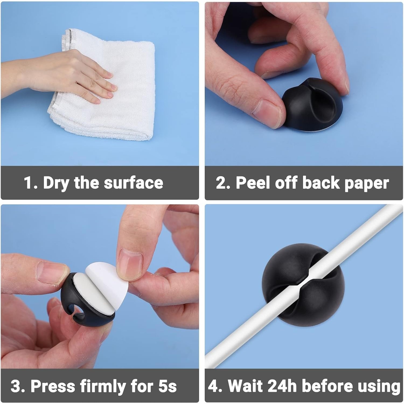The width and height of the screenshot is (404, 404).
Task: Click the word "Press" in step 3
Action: pyautogui.click(x=53, y=386)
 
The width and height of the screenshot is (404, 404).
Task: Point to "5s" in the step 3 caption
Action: pyautogui.click(x=167, y=386)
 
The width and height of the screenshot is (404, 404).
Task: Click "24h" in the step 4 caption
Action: pyautogui.click(x=283, y=386)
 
